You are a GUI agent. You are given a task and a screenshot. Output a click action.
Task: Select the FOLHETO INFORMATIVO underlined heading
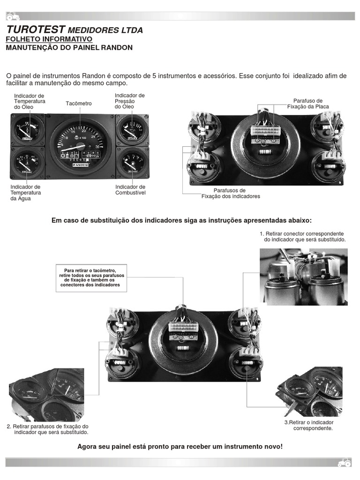click(49, 39)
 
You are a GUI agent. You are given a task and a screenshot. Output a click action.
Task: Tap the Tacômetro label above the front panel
click(79, 103)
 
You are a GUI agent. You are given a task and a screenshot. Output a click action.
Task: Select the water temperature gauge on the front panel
click(28, 162)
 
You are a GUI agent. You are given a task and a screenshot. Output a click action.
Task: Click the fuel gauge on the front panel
click(133, 162)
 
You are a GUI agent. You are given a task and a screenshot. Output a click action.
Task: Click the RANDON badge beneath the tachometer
click(81, 165)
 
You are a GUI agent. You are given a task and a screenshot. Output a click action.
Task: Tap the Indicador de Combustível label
click(130, 190)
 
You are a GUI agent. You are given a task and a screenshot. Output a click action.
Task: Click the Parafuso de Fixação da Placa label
click(308, 104)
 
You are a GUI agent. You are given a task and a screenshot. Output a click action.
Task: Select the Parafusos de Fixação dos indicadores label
click(230, 193)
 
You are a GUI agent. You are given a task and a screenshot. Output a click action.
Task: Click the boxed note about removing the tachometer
click(90, 277)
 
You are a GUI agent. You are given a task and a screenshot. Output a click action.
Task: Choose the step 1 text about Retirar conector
click(302, 236)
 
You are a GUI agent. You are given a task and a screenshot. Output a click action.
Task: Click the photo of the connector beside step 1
click(304, 277)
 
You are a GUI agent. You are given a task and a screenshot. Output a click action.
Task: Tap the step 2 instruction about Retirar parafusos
click(48, 429)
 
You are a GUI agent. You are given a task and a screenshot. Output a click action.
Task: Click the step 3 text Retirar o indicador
click(309, 425)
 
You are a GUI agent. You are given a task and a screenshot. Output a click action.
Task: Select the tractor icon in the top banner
click(13, 16)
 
